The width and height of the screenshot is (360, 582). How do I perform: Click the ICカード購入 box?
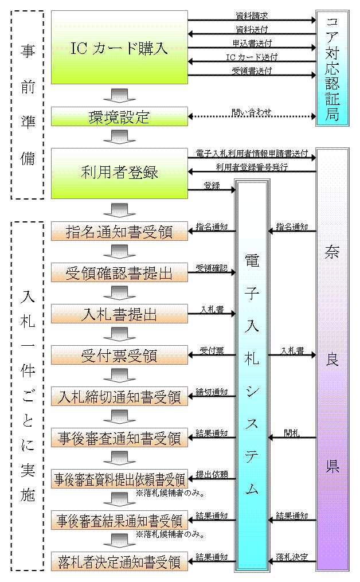pyautogui.click(x=119, y=48)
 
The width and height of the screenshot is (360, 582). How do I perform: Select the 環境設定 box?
pyautogui.click(x=119, y=117)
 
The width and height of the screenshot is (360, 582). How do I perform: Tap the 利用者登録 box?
pyautogui.click(x=119, y=173)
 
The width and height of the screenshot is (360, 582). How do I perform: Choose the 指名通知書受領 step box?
pyautogui.click(x=119, y=231)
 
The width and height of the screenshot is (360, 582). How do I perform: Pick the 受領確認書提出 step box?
pyautogui.click(x=119, y=272)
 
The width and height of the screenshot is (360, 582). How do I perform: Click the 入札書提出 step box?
pyautogui.click(x=119, y=314)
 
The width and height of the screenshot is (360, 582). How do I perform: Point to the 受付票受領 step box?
pyautogui.click(x=119, y=356)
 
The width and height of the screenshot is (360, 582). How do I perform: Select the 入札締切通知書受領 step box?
pyautogui.click(x=119, y=397)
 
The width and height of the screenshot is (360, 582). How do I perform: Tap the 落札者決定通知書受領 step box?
pyautogui.click(x=119, y=561)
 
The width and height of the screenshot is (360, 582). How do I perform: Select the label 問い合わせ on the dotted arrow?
pyautogui.click(x=252, y=111)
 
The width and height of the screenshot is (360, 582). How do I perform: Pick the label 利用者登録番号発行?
pyautogui.click(x=252, y=167)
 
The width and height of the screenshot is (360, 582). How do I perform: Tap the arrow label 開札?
pyautogui.click(x=292, y=433)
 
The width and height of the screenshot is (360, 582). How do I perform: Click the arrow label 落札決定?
pyautogui.click(x=292, y=557)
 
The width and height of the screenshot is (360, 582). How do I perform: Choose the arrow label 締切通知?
pyautogui.click(x=212, y=391)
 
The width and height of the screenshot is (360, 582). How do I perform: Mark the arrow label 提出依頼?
pyautogui.click(x=212, y=474)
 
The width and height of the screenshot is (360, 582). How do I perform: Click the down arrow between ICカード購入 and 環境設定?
pyautogui.click(x=119, y=95)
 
